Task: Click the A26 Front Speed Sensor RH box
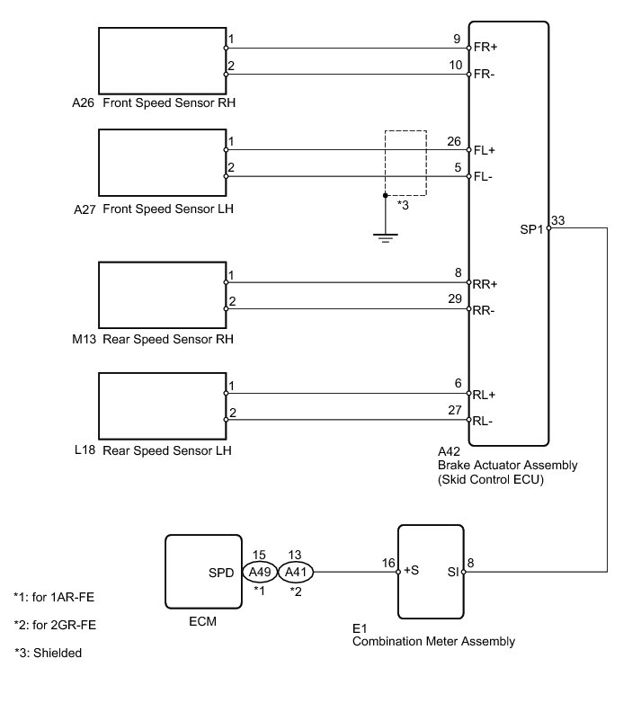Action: coord(161,59)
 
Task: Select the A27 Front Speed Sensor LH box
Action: coord(161,161)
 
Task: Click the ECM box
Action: coord(204,572)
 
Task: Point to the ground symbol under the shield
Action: coord(386,237)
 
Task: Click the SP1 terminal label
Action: coord(532,227)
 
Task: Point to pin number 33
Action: coord(557,220)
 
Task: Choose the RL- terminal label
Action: coord(485,420)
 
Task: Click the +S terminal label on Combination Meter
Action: coord(413,571)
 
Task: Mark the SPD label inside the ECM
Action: coord(222,572)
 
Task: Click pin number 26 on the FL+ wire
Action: coord(454,142)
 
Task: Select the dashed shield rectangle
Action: coord(405,163)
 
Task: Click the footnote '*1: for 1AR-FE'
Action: coord(56,596)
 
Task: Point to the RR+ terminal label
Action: coord(485,283)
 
